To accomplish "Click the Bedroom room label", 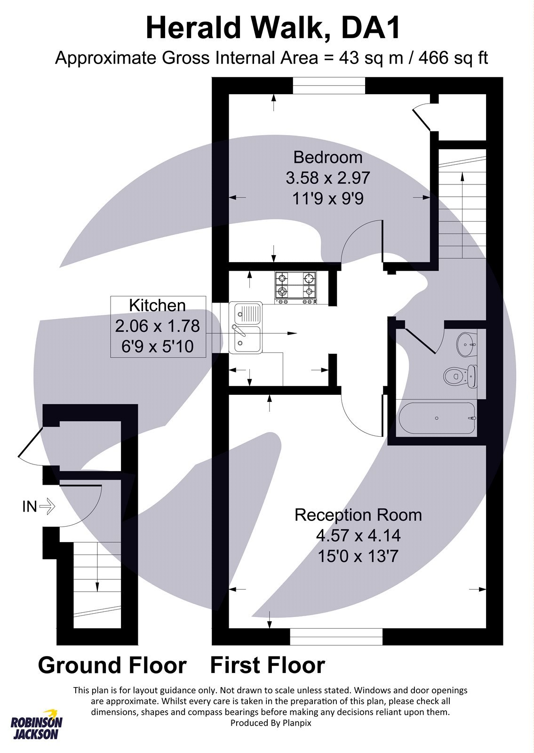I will click(328, 157).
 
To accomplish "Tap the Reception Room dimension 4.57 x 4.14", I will click(358, 536).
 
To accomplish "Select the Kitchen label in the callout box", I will click(157, 305).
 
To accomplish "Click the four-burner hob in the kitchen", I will click(295, 288).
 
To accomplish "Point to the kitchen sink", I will click(246, 328).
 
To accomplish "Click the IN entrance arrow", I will click(48, 506).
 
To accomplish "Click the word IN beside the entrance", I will click(29, 506).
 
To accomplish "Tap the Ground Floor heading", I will click(112, 665).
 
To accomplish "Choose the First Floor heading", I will click(267, 665).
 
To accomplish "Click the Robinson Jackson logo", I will click(36, 725).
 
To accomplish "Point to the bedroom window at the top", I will click(329, 86).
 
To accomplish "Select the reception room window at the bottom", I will click(336, 636).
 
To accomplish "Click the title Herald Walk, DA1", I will click(273, 28).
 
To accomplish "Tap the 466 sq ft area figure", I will click(453, 58).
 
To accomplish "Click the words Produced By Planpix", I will click(271, 722).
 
